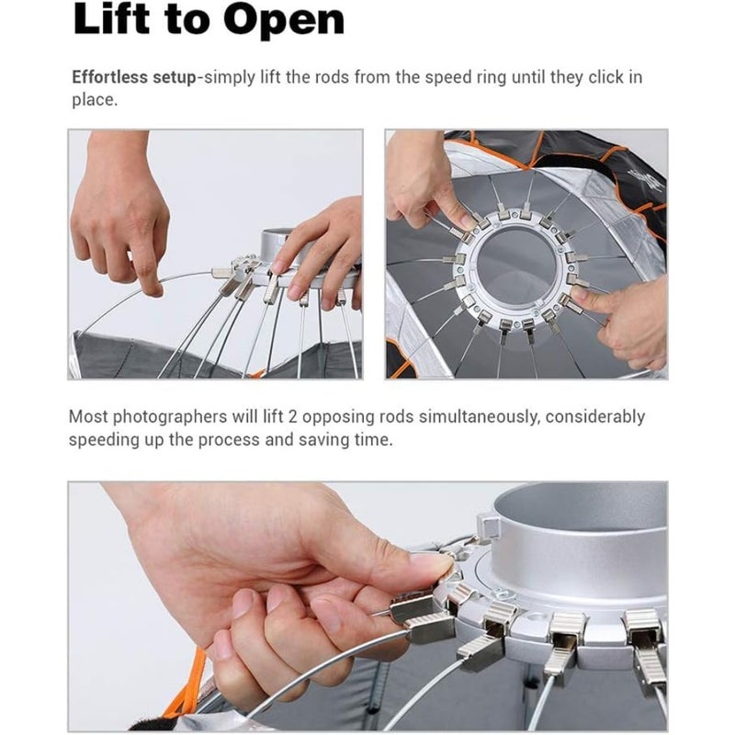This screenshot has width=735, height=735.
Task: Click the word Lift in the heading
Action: [x=111, y=19]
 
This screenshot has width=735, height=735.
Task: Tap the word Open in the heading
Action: [x=284, y=22]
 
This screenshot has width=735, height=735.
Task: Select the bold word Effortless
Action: [x=109, y=77]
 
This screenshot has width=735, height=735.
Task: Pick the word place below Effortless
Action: [x=95, y=100]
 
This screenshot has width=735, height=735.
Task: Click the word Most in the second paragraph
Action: [x=88, y=416]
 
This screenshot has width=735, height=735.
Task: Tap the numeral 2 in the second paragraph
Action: [x=292, y=416]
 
